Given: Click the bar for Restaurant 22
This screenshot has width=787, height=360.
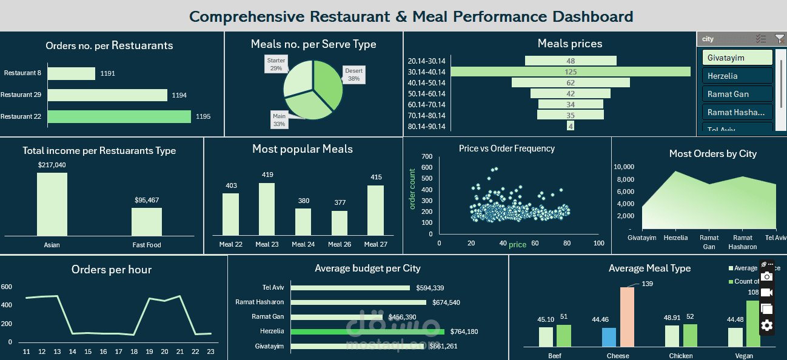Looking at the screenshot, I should click(x=119, y=116).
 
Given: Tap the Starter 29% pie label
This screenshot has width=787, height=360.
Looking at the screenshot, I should click(x=276, y=64).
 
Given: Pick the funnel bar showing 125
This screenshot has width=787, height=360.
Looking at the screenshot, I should click(x=571, y=72).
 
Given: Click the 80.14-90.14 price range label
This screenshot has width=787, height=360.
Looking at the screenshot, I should click(x=427, y=127).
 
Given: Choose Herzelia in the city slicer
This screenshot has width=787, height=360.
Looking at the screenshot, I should click(x=737, y=76).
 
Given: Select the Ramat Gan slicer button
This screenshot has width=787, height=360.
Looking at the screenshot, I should click(x=737, y=94).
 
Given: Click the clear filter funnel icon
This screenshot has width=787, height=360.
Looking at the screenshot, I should click(x=779, y=39).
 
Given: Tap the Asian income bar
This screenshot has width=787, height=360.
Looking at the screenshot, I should click(x=52, y=204).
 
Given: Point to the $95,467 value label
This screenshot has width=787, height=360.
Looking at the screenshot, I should click(x=147, y=200).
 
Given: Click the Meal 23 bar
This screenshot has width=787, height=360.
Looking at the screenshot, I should click(x=267, y=209).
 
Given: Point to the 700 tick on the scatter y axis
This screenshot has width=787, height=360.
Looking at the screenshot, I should click(x=427, y=156).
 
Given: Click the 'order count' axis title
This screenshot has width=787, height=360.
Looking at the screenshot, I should click(x=413, y=189).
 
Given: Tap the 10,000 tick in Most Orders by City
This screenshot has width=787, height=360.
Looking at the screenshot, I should click(x=624, y=167).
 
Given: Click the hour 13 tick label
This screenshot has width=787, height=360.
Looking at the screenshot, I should click(x=57, y=352).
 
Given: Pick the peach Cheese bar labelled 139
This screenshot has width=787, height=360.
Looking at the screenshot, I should click(x=627, y=316).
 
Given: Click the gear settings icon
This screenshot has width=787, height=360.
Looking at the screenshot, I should click(x=767, y=325).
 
